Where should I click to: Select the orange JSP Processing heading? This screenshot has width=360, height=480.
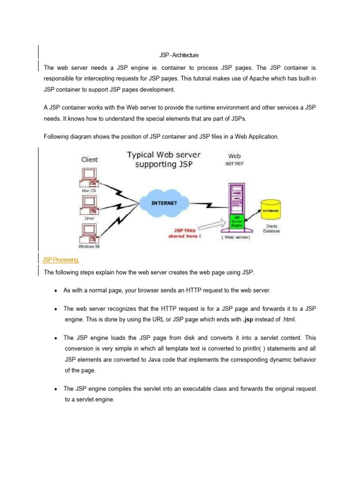pyautogui.click(x=60, y=259)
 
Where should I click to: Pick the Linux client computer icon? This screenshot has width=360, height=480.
pyautogui.click(x=89, y=205)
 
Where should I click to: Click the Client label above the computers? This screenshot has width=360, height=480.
pyautogui.click(x=90, y=159)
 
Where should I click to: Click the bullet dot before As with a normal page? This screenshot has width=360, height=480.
pyautogui.click(x=55, y=291)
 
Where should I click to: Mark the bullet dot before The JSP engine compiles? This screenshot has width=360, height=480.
pyautogui.click(x=55, y=389)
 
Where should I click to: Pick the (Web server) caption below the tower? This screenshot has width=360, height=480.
pyautogui.click(x=236, y=237)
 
